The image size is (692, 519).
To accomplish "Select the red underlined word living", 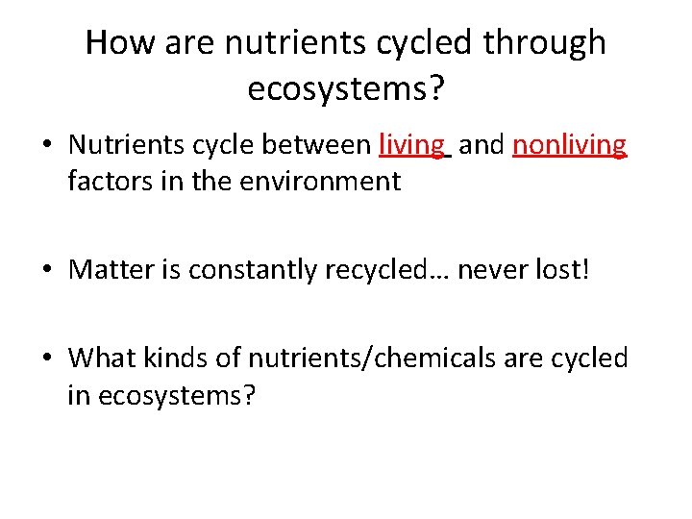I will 412,146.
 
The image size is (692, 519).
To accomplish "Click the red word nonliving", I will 570,146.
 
